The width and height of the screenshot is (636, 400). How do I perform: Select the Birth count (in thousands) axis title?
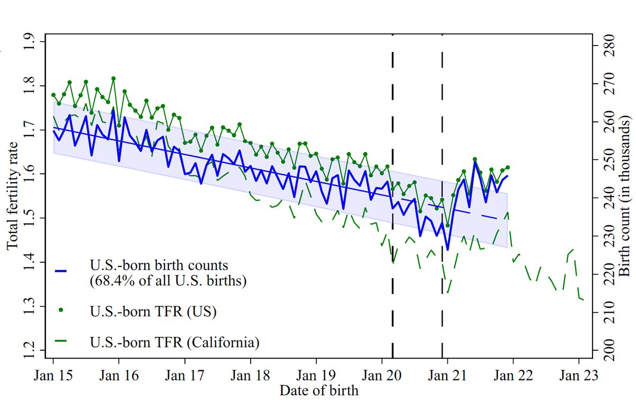[x=625, y=196]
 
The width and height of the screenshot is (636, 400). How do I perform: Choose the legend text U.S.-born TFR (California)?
[x=174, y=342]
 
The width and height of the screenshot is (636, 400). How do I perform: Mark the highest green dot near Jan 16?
[x=113, y=78]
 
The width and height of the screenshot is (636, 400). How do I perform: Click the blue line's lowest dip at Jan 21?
[x=447, y=250]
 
